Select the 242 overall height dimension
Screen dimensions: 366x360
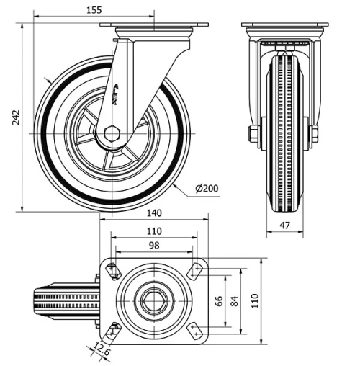coord(15,117)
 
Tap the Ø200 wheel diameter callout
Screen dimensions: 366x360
coord(206,189)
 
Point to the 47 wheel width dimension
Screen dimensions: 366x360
coord(284,226)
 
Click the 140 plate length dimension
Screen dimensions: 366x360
coord(153,213)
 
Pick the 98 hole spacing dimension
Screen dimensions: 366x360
coord(153,246)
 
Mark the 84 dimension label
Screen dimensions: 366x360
coord(233,300)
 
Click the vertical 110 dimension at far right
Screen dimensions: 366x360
coord(253,300)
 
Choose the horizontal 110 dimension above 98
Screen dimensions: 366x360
coord(153,231)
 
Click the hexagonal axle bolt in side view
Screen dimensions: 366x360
coord(111,134)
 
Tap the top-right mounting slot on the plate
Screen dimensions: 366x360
coord(194,271)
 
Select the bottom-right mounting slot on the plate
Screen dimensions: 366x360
coord(194,330)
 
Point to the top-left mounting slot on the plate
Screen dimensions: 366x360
coord(113,271)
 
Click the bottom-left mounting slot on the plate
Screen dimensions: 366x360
coord(113,331)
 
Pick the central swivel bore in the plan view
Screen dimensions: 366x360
coord(153,300)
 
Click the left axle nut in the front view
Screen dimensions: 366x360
coord(253,134)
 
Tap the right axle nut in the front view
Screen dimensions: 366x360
coord(315,134)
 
